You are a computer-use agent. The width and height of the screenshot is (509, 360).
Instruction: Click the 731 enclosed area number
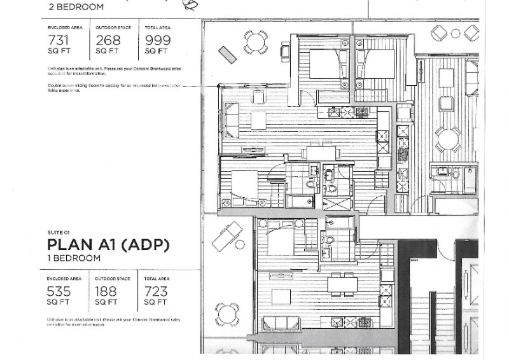coord(60,41)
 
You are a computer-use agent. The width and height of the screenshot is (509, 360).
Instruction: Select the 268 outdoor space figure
coord(108,41)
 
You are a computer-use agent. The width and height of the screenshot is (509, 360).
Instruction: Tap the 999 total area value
coord(157,41)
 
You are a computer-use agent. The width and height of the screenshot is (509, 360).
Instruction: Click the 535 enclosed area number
coord(60,291)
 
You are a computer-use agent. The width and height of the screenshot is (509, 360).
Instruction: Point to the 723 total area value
coord(157,291)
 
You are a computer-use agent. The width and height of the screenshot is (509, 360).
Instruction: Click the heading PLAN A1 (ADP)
coord(109,245)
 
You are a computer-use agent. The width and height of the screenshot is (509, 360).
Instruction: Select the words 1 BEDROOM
coord(74,258)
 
